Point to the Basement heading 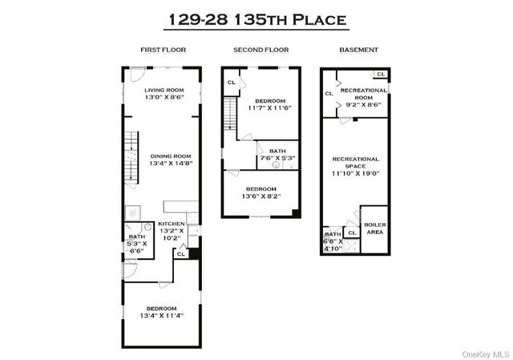[358, 50]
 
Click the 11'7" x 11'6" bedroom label [270, 103]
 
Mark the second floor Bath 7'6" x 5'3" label [277, 155]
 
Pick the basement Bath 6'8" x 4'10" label [333, 241]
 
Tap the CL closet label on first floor [180, 254]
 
